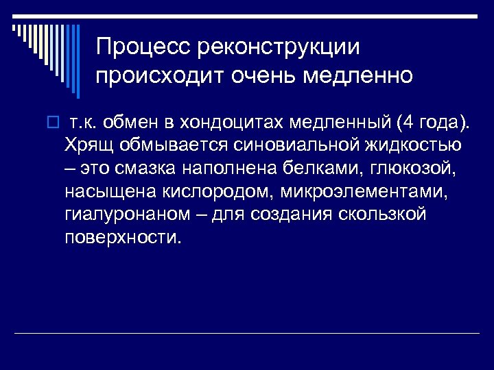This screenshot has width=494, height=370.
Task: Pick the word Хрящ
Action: pyautogui.click(x=90, y=145)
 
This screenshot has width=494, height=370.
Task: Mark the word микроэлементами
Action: pyautogui.click(x=364, y=191)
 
